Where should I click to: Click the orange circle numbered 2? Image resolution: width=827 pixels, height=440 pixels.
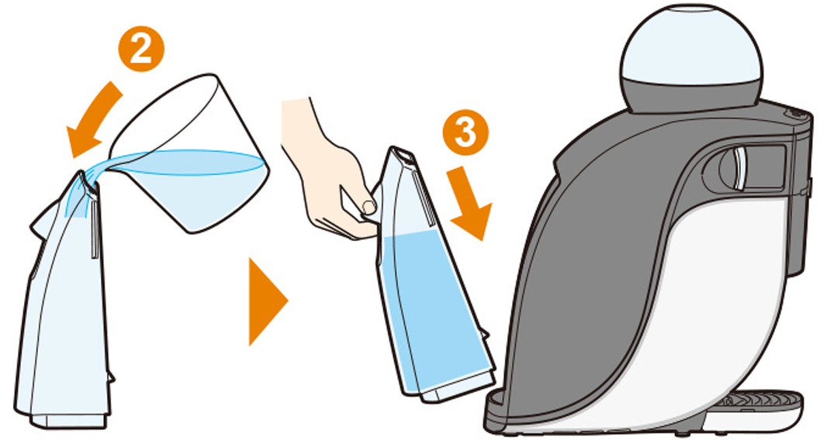(140, 50)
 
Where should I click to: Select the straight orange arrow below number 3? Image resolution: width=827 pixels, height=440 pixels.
(469, 203)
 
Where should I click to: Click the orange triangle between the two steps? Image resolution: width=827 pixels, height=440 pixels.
(267, 301)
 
